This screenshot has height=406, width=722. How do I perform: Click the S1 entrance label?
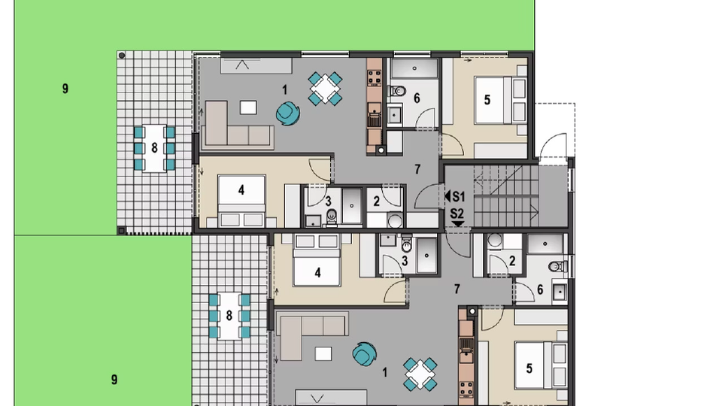pos(460,196)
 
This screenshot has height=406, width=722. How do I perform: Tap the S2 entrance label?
pos(457,213)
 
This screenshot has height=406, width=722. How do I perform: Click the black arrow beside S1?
pos(447,196)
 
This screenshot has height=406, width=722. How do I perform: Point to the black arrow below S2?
pos(457,223)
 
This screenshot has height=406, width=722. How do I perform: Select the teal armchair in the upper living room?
pos(286,113)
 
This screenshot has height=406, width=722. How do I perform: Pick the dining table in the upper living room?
pos(324,89)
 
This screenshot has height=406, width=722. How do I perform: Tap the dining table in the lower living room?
pos(420,374)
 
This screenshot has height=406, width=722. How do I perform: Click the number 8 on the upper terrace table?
pos(154,147)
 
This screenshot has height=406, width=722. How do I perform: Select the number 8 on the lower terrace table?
pos(229,316)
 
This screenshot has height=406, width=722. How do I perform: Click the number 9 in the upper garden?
pos(65,89)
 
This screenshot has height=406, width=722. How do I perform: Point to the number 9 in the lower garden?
pos(114,380)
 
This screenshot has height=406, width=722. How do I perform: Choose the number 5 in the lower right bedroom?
pos(529,368)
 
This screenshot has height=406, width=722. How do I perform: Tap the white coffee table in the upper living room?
pos(247,108)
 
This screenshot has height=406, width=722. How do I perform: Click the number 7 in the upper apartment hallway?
pos(417,168)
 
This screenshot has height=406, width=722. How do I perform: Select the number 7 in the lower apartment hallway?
pos(457,288)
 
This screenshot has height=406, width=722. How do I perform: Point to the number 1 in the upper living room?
pos(284,89)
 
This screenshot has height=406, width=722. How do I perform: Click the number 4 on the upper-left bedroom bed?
pos(241,190)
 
